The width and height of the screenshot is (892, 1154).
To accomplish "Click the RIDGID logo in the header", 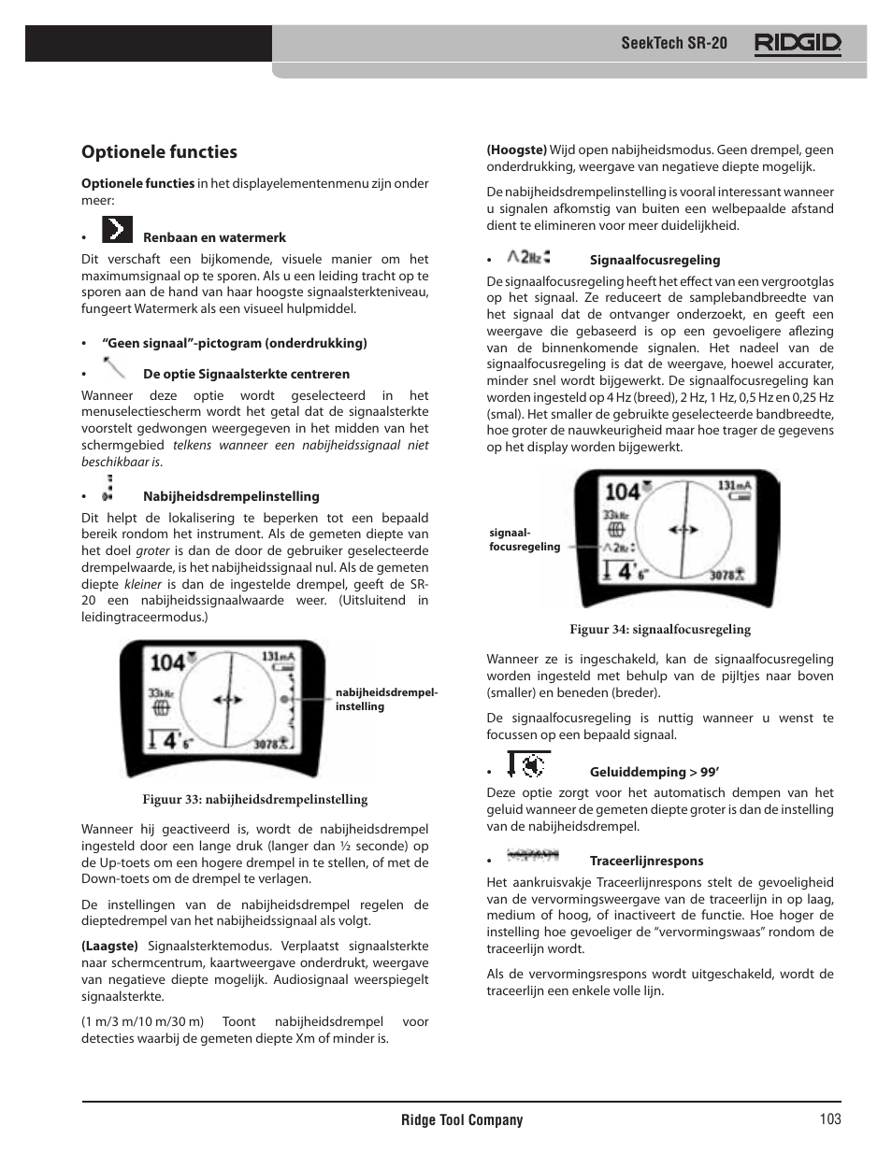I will pyautogui.click(x=798, y=43).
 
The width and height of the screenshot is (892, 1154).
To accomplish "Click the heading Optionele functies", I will pyautogui.click(x=159, y=152).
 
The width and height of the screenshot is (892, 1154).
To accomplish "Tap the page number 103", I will pyautogui.click(x=830, y=1119).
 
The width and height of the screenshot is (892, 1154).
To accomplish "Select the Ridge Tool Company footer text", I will pyautogui.click(x=462, y=1120).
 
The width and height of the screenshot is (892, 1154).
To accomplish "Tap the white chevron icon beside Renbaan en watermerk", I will pyautogui.click(x=117, y=230).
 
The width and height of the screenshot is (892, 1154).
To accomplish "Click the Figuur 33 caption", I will pyautogui.click(x=254, y=799).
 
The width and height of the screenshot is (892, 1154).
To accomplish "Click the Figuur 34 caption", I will pyautogui.click(x=660, y=629).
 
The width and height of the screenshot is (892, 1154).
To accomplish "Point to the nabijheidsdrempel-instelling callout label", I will pyautogui.click(x=386, y=700).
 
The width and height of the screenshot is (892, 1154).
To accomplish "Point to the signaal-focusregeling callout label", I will pyautogui.click(x=524, y=540).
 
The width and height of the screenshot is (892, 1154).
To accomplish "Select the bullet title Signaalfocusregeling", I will pyautogui.click(x=655, y=261).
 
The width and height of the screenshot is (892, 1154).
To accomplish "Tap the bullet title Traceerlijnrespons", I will pyautogui.click(x=646, y=861).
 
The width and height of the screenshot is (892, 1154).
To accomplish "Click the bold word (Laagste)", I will pyautogui.click(x=109, y=946).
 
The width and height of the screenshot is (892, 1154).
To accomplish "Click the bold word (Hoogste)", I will pyautogui.click(x=516, y=150).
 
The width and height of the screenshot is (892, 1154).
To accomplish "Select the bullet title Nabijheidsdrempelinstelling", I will pyautogui.click(x=231, y=496).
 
